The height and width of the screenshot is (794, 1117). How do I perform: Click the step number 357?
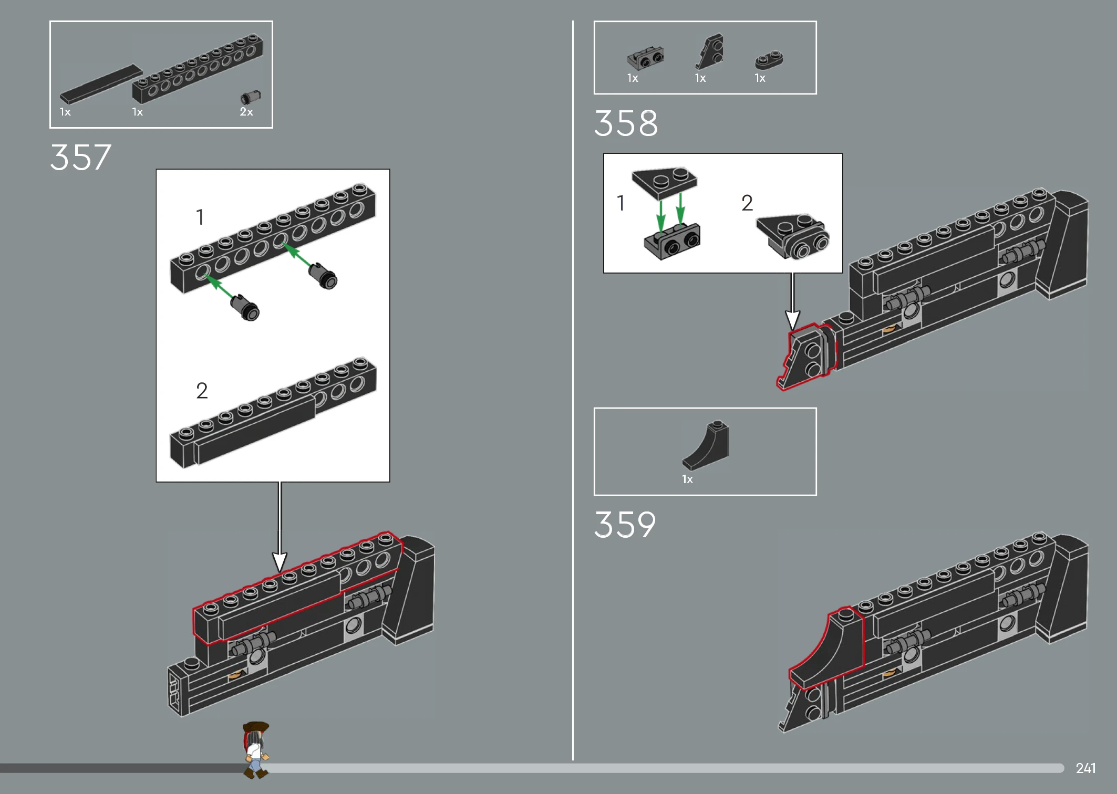(x=80, y=157)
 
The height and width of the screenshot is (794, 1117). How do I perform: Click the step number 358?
(x=626, y=123)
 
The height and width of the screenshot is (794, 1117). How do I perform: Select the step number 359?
(x=625, y=525)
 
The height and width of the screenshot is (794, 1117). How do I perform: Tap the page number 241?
(x=1085, y=768)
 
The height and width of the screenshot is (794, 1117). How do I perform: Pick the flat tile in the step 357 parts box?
(x=101, y=83)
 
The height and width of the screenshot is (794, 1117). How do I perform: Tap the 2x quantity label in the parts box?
(x=246, y=112)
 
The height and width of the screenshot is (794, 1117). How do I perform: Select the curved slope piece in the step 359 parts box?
(x=706, y=445)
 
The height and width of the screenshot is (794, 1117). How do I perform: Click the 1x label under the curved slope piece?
(x=687, y=479)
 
